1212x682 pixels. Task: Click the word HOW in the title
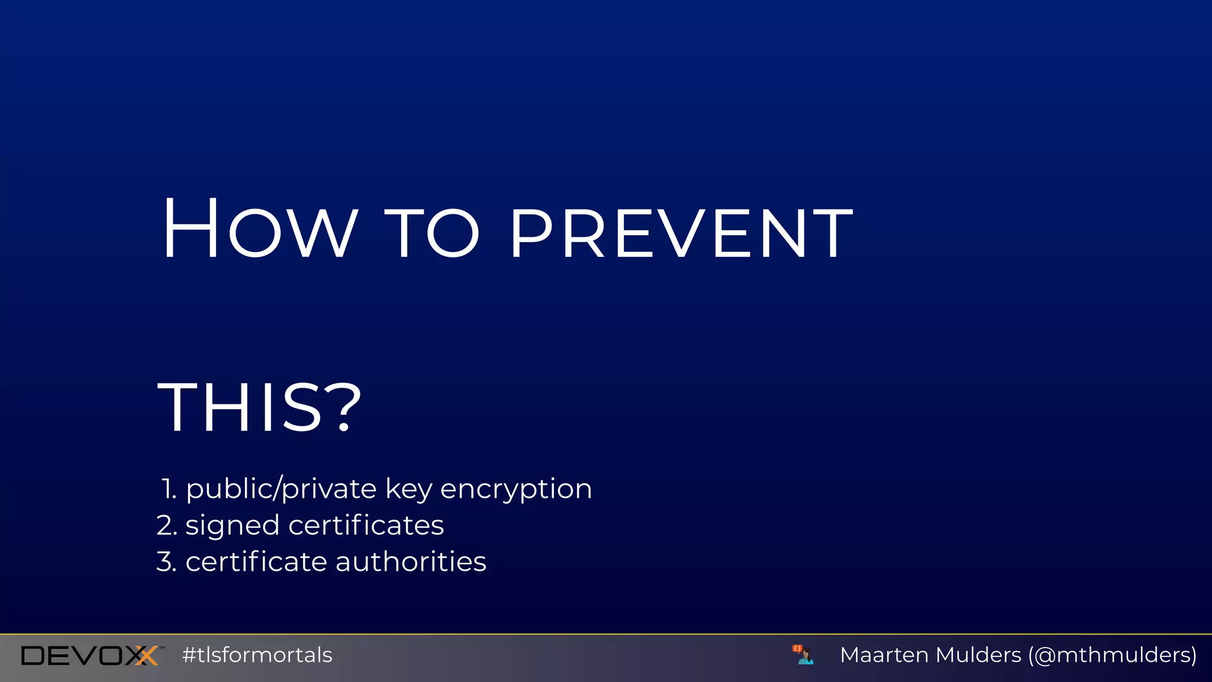[259, 230]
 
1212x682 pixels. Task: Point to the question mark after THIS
[343, 407]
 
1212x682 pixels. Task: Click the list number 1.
[169, 489]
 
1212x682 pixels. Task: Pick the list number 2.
[166, 526]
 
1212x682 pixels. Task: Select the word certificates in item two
[366, 526]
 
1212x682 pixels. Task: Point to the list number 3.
[166, 562]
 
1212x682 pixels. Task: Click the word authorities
[411, 562]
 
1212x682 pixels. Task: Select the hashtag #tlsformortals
[257, 655]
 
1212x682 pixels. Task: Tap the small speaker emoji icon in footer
[803, 655]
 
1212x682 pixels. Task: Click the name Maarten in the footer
[885, 655]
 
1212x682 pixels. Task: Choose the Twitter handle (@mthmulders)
[1113, 655]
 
